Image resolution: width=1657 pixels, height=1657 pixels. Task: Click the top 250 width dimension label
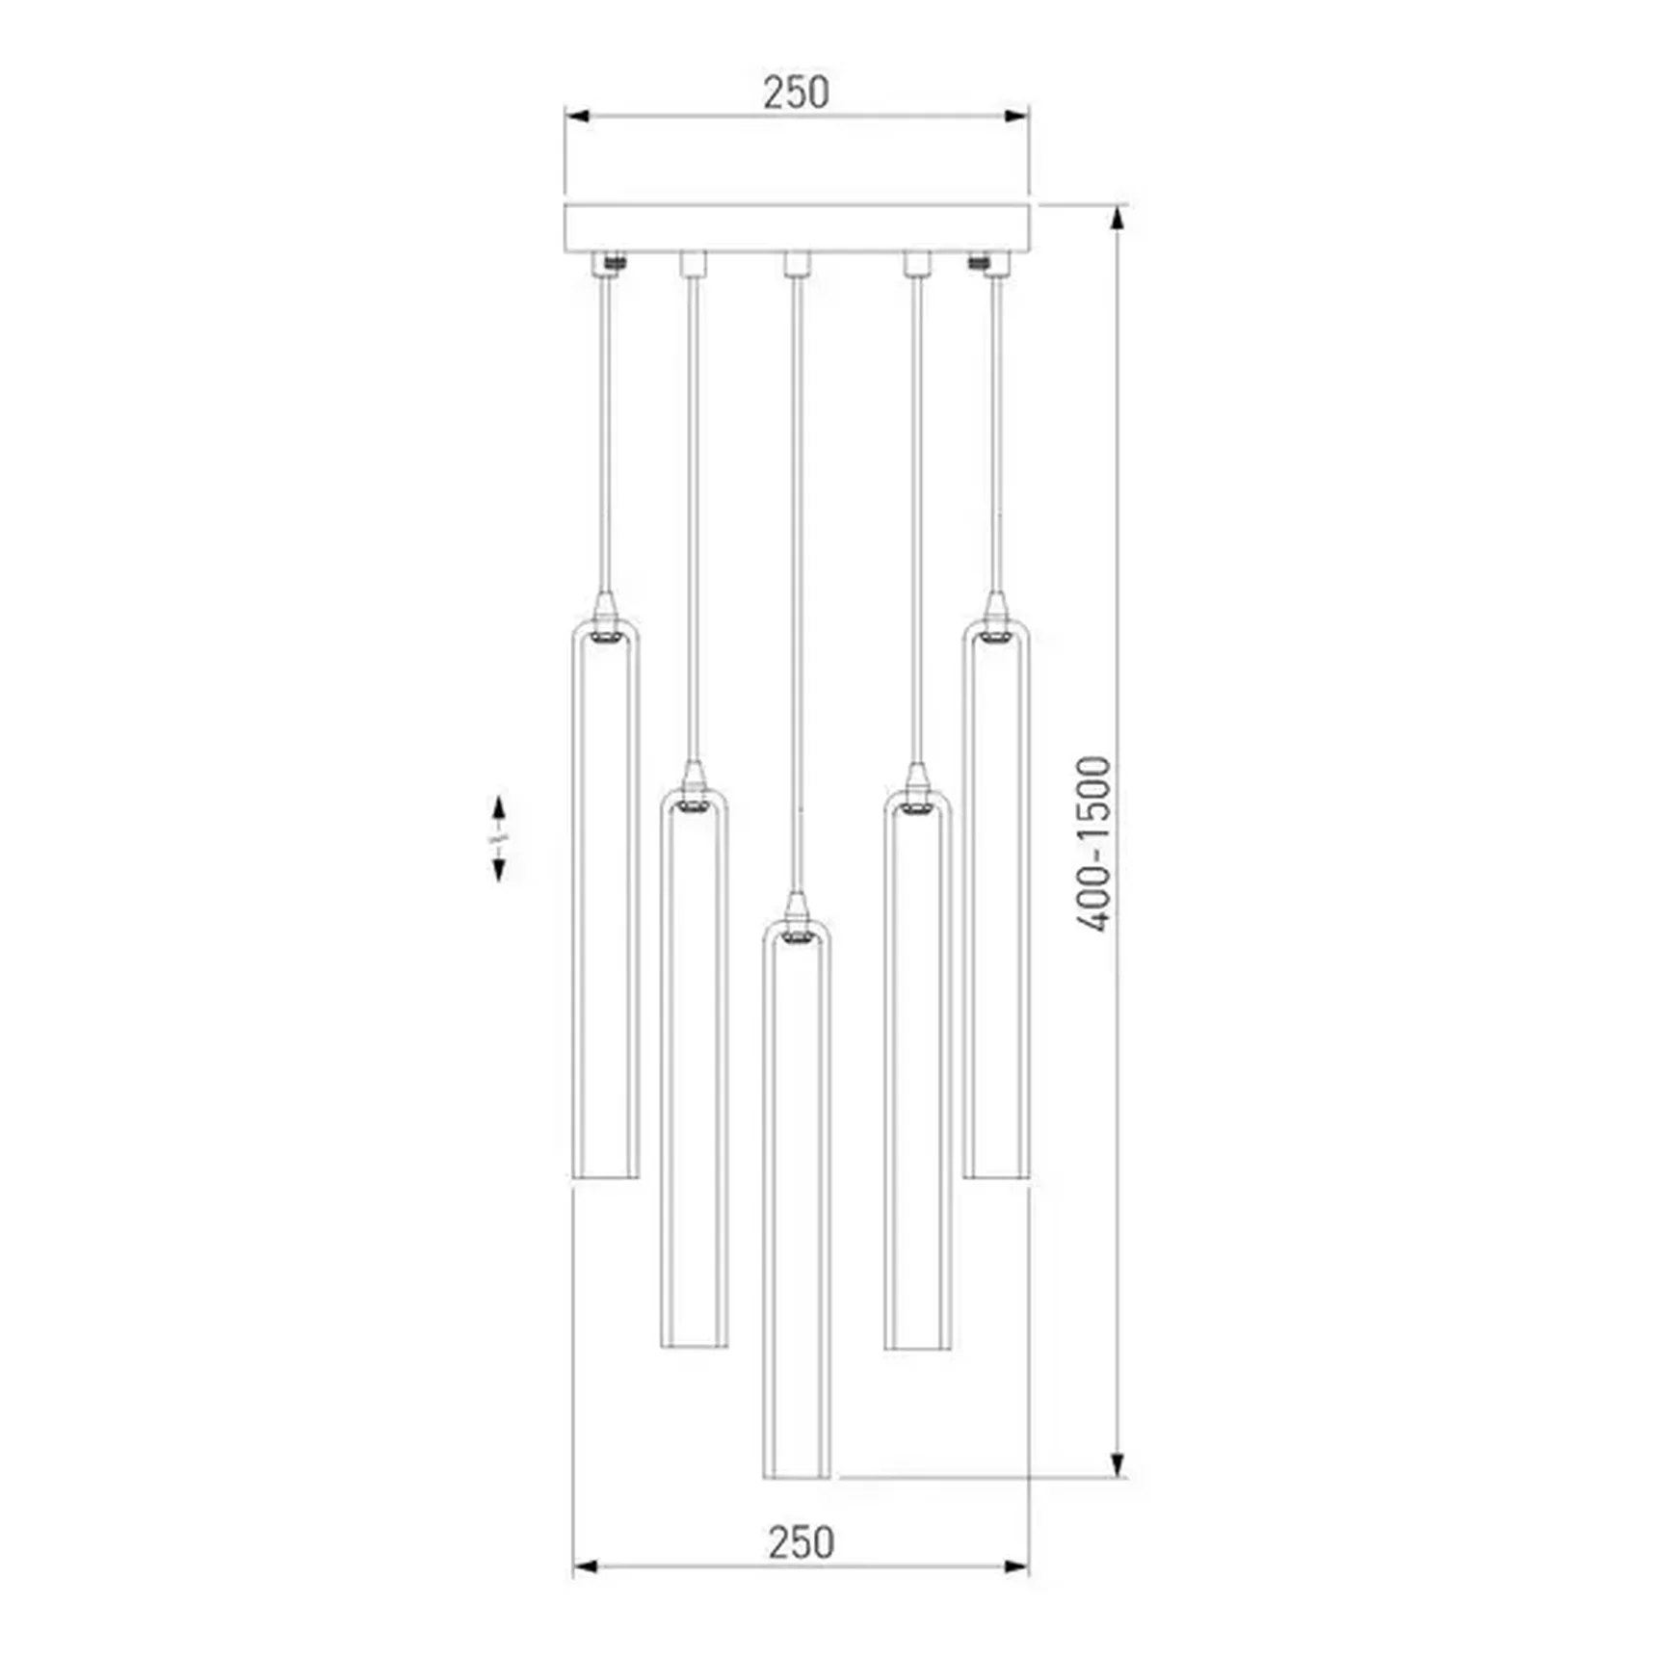pyautogui.click(x=796, y=92)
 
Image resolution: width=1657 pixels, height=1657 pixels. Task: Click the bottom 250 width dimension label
pyautogui.click(x=801, y=1542)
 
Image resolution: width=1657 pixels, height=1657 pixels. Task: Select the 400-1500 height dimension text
pyautogui.click(x=1093, y=844)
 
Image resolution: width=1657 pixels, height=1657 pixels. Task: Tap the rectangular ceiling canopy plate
pyautogui.click(x=797, y=228)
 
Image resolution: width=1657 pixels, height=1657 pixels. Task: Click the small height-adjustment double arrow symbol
pyautogui.click(x=498, y=838)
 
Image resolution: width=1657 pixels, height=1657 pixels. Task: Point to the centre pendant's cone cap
pyautogui.click(x=795, y=907)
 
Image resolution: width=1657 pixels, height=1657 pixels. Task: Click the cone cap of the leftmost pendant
pyautogui.click(x=605, y=608)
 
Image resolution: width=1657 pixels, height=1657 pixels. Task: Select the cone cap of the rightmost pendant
pyautogui.click(x=996, y=608)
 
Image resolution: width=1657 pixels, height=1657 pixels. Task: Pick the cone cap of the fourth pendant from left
pyautogui.click(x=917, y=776)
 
